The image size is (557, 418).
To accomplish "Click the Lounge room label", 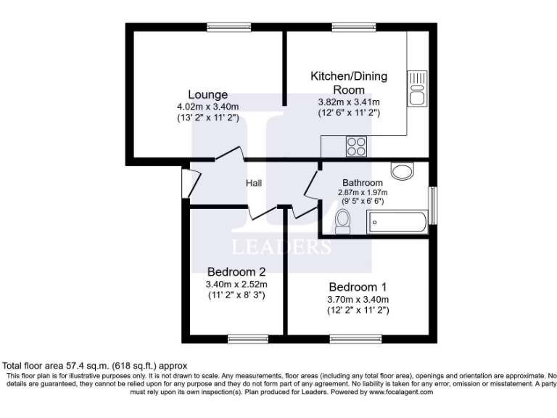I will click(208, 94).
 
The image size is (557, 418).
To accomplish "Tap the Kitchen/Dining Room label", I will click(349, 83).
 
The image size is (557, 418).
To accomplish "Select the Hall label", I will click(253, 183).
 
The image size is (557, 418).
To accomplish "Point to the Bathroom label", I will click(363, 183).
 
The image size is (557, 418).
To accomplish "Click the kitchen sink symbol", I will click(418, 88).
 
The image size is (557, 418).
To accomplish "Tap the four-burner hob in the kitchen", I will click(356, 147).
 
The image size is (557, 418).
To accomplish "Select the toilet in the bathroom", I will click(344, 221).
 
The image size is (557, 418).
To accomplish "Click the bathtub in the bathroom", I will click(398, 221).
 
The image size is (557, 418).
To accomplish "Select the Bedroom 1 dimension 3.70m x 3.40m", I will click(358, 299).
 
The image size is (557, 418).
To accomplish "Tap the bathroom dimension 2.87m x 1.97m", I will click(363, 192).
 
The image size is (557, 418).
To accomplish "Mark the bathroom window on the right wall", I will click(433, 205).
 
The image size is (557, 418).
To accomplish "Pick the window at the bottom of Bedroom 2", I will click(242, 338).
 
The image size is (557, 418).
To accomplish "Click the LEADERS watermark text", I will click(281, 247).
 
